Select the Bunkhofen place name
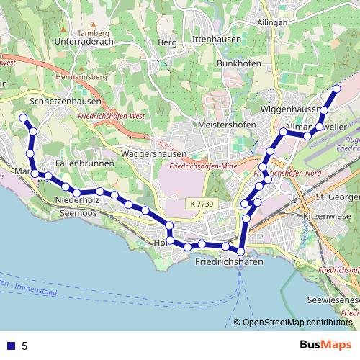coord(238,63)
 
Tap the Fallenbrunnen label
coord(85,164)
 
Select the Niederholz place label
coord(76,199)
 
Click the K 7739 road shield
coord(204,204)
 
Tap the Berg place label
coord(167,43)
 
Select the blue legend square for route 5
coord(11,346)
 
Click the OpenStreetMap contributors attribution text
coord(297,323)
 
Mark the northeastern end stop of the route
coord(336,89)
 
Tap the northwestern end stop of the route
coord(23,117)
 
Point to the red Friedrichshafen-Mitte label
coord(204,167)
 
